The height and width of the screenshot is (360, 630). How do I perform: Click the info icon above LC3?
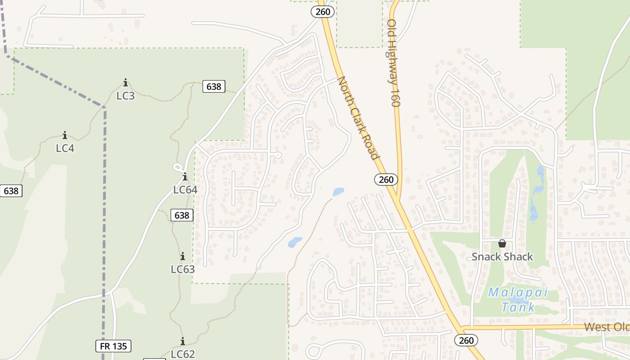point(126,83)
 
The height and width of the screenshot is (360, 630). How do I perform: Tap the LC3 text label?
point(126,96)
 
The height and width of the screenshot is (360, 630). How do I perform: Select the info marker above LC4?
point(65,135)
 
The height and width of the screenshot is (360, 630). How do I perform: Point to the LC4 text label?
point(65,148)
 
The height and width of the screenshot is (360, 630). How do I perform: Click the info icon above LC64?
point(184,176)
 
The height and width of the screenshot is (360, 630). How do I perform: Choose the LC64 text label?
point(185,189)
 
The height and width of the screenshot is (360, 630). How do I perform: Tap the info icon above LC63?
point(183,256)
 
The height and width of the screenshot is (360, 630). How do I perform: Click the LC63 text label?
point(183,270)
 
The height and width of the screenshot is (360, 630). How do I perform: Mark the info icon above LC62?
point(183,341)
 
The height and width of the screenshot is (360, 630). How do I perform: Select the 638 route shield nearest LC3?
point(214,86)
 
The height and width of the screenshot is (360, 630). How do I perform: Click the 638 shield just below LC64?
point(182,215)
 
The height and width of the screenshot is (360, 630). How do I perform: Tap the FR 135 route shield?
point(113,346)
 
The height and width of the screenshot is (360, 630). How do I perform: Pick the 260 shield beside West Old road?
point(466,340)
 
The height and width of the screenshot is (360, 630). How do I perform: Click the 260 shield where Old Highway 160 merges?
point(386,180)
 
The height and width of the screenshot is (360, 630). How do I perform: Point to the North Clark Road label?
point(357,118)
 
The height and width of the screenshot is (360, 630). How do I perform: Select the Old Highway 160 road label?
point(393,63)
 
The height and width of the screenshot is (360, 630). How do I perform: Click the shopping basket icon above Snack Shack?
point(502,243)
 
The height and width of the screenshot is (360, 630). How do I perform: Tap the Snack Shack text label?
point(502,257)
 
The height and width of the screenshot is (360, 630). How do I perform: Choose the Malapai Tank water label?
point(518,300)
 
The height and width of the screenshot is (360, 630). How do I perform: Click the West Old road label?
point(607,327)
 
